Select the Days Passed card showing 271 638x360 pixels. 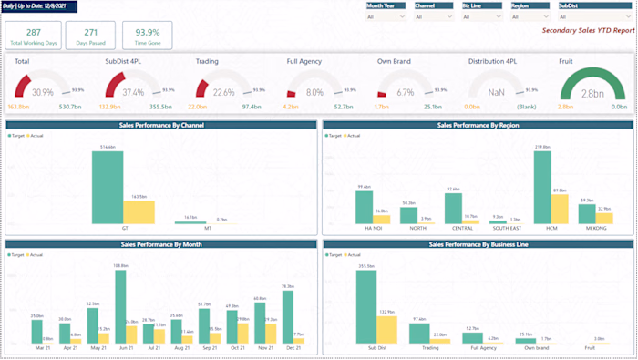(90, 36)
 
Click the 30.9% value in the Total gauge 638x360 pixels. (43, 93)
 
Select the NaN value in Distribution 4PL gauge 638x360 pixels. (498, 93)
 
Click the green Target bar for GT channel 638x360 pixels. (108, 187)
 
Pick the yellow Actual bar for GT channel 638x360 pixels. (139, 211)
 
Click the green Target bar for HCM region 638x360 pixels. (542, 187)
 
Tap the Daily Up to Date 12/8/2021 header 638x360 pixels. (39, 6)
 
